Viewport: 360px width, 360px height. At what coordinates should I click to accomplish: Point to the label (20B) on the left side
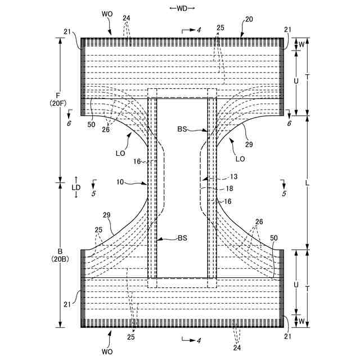coord(58,259)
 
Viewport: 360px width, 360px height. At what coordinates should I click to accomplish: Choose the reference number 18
coord(229,188)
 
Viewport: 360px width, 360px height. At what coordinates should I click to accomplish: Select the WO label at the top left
coord(109,12)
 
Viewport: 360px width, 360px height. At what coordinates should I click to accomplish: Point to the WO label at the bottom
coord(107,352)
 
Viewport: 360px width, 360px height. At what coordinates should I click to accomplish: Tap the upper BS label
coord(182,129)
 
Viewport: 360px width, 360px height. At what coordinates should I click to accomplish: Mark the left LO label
coord(120,153)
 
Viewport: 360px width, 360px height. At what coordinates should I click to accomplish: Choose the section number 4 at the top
coord(199,29)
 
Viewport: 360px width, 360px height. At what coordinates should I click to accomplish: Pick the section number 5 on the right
coord(285,193)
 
